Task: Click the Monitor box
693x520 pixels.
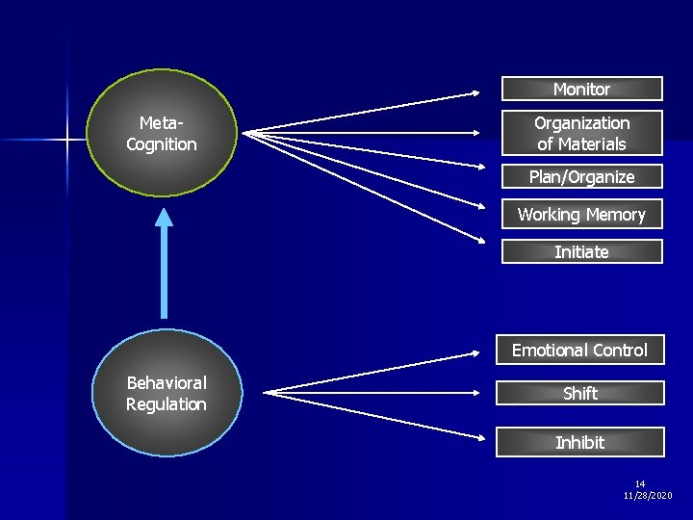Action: click(581, 89)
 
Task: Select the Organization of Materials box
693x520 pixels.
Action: click(581, 134)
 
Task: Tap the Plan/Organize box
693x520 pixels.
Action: click(581, 177)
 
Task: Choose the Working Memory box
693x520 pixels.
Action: click(581, 215)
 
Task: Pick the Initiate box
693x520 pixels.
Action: click(581, 252)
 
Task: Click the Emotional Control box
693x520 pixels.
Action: click(579, 351)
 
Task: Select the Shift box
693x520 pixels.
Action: click(580, 393)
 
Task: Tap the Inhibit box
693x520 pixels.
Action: click(580, 442)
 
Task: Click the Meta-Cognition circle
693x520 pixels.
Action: click(162, 133)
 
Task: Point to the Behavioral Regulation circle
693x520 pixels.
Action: click(167, 393)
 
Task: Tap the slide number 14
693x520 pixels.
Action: click(640, 483)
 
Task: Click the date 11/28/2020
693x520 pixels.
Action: click(648, 495)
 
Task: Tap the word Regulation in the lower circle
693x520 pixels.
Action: click(167, 404)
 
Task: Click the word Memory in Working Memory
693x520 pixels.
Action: click(615, 215)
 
